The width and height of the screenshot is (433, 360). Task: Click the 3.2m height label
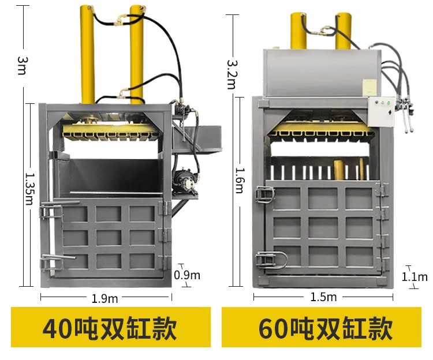coord(231,73)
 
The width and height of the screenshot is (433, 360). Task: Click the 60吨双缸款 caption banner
coord(325,328)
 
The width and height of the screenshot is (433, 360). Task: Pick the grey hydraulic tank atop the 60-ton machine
coord(321,70)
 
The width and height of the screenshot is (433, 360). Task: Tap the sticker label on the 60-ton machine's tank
coord(368,87)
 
